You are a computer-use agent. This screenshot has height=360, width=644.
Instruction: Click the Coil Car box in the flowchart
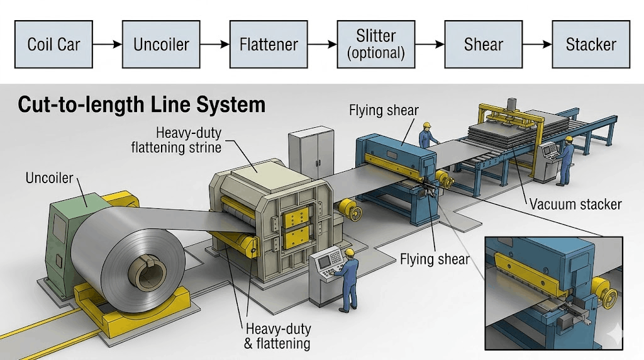(53, 45)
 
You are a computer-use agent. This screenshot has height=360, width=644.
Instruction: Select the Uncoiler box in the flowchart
(161, 45)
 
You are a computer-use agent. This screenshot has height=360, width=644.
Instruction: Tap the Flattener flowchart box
(269, 45)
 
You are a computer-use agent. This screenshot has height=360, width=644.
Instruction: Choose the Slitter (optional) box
(376, 44)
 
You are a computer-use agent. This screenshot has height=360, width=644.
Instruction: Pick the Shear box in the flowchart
(484, 45)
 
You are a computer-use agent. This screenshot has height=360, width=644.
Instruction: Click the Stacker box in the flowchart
(591, 45)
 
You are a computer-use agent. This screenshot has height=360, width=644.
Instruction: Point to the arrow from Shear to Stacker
(537, 45)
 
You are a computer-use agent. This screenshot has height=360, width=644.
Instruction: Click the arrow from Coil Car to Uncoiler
(108, 45)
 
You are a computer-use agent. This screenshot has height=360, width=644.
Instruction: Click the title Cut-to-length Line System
(142, 104)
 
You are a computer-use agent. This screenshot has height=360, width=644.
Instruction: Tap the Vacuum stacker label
(575, 204)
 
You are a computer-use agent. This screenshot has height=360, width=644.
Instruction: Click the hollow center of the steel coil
(146, 271)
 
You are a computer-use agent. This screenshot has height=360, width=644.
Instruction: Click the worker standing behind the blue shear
(430, 135)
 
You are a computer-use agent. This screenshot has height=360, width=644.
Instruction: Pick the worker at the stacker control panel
(565, 160)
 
